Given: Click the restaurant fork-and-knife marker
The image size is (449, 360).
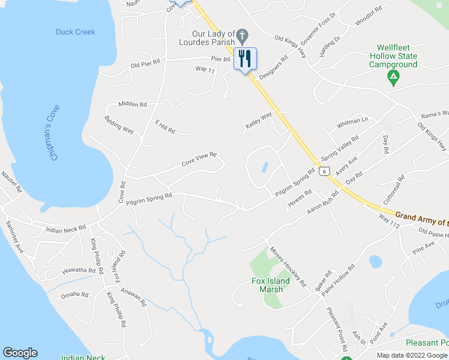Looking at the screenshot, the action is [245, 59].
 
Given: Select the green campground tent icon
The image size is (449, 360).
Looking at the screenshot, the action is [393, 76].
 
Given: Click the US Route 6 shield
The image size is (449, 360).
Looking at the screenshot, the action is [324, 171].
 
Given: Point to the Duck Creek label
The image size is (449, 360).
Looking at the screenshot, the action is [76, 32].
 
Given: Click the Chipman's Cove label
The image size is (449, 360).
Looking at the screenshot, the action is [55, 136].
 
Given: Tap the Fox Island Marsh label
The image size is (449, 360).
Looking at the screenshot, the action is [270, 285].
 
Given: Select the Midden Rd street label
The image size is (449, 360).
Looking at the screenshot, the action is [133, 104].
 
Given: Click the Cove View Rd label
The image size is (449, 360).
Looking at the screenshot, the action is [199, 160].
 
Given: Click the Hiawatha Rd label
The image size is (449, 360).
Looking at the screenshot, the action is [79, 271].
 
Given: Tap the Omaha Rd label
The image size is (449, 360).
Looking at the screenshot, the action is [76, 295].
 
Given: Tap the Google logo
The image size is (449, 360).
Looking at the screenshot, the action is [20, 353].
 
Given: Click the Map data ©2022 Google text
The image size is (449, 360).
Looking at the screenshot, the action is [411, 355].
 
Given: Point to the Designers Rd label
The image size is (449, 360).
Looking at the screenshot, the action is [274, 68].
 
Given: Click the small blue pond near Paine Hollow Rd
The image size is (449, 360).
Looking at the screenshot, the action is [375, 262].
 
